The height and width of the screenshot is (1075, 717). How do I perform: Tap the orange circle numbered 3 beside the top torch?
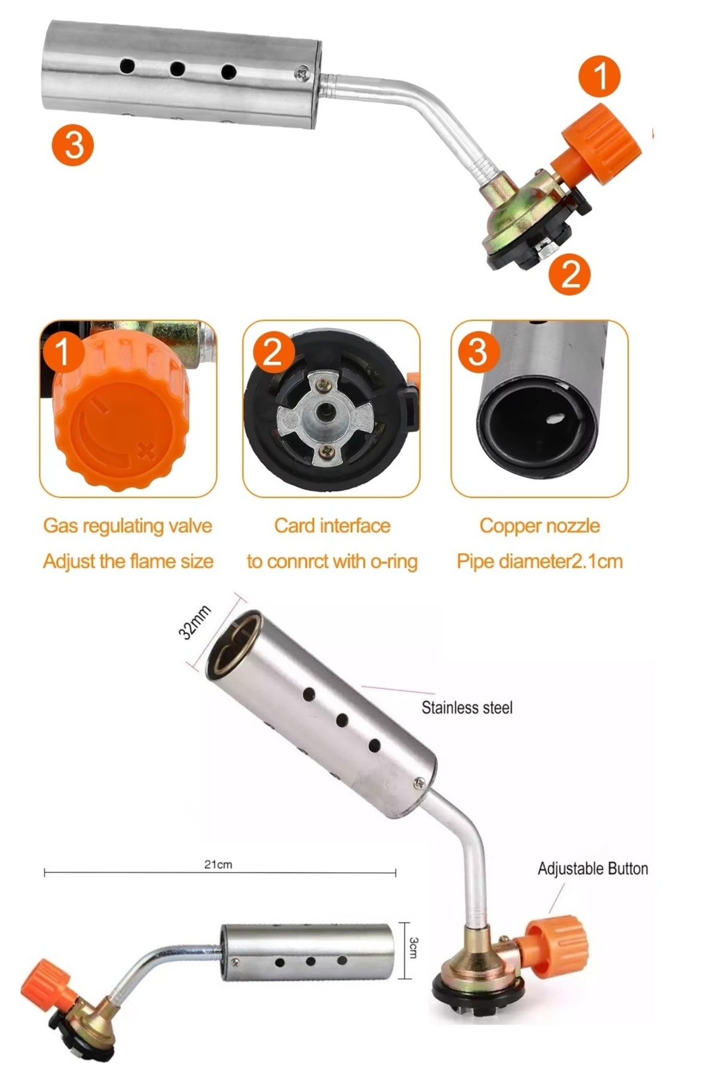click(x=73, y=144)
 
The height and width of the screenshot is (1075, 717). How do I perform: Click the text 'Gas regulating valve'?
click(x=128, y=526)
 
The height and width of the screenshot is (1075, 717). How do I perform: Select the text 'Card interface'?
click(x=332, y=526)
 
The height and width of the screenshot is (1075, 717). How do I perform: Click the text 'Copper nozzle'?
click(x=540, y=526)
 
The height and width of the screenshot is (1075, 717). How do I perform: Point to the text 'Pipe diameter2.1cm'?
click(x=540, y=561)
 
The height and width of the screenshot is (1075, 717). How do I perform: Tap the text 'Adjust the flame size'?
click(x=128, y=561)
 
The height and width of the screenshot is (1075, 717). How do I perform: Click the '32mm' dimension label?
click(x=195, y=622)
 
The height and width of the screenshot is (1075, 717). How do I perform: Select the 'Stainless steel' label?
click(x=467, y=708)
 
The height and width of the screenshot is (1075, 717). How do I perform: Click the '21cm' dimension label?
click(x=218, y=864)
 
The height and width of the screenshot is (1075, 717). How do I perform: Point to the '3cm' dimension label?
click(x=414, y=947)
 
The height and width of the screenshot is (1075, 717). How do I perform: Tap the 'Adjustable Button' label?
click(x=593, y=868)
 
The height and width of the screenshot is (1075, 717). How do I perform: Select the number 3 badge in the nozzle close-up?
click(x=477, y=352)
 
